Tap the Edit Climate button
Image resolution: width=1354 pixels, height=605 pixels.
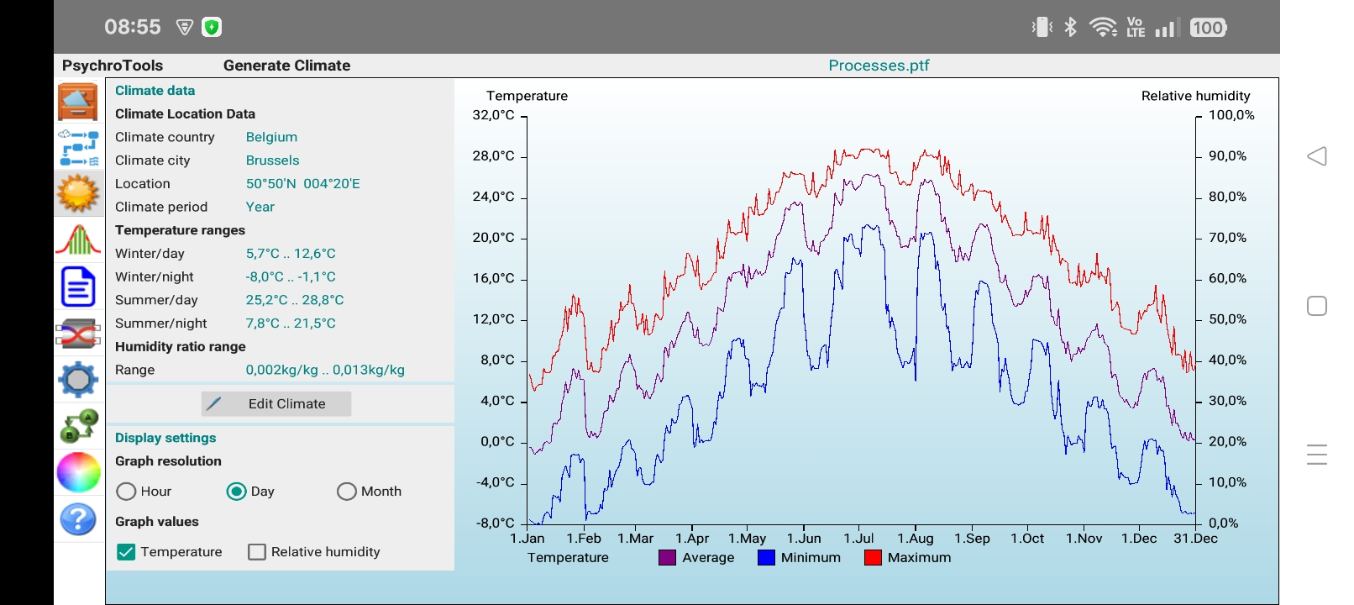click(276, 404)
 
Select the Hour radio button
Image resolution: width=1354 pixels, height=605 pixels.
click(126, 492)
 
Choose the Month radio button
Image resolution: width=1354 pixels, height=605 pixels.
click(347, 492)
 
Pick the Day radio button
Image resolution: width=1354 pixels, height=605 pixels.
click(237, 492)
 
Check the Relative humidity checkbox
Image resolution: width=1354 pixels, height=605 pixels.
click(257, 552)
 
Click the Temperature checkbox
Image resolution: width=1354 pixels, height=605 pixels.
click(126, 552)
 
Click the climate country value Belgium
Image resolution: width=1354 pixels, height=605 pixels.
click(271, 137)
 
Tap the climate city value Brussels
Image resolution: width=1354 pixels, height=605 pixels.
click(272, 160)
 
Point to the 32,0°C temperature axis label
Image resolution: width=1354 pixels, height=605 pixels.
click(494, 115)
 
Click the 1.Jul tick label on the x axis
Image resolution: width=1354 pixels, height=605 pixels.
click(858, 539)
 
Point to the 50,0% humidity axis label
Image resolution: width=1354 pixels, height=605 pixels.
click(1227, 319)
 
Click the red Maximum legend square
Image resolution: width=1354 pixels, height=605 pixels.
click(873, 557)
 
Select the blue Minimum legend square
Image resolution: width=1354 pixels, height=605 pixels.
click(766, 557)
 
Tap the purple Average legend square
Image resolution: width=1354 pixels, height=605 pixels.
click(668, 557)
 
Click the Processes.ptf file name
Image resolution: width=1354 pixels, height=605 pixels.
click(879, 66)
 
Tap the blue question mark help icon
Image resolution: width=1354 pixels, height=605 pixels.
click(78, 519)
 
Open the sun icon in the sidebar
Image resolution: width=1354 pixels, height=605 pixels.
click(78, 193)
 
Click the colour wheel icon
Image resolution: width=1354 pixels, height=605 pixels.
click(78, 471)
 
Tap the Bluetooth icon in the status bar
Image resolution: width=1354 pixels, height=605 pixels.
click(1070, 28)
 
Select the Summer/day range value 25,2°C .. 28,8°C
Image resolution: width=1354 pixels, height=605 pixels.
click(295, 300)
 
